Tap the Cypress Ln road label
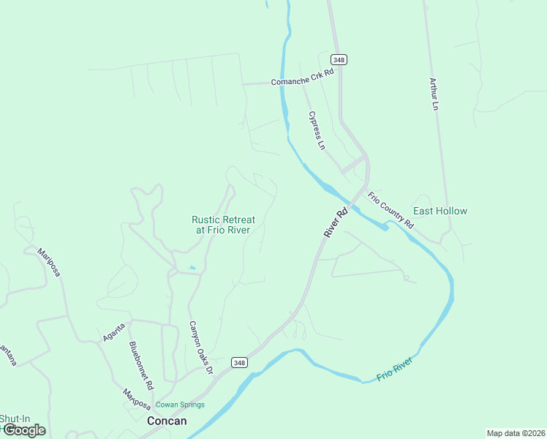(x=316, y=130)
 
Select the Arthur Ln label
(x=434, y=94)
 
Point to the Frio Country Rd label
(x=391, y=210)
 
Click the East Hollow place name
(x=440, y=211)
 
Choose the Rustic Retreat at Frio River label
(x=223, y=225)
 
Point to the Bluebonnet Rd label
(x=141, y=364)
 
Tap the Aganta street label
(x=113, y=331)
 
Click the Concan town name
(x=167, y=421)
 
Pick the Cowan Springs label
(x=179, y=405)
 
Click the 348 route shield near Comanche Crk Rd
(x=338, y=59)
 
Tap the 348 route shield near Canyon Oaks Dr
(x=239, y=362)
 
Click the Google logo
(x=24, y=430)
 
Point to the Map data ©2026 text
(x=516, y=433)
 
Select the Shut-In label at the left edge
(x=13, y=419)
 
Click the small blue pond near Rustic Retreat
(x=192, y=268)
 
